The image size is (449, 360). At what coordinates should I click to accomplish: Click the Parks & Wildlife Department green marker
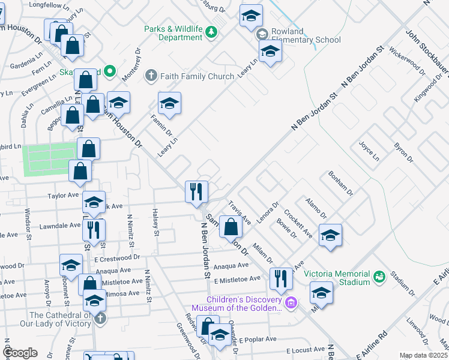click(x=211, y=32)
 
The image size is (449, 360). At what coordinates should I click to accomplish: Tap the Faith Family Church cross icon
click(x=151, y=76)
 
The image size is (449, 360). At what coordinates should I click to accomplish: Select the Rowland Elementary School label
click(x=306, y=36)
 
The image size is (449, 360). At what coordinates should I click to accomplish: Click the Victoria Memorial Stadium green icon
click(x=379, y=276)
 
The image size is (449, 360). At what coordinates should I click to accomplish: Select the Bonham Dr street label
click(x=340, y=184)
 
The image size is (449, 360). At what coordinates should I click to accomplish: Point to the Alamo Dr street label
click(x=316, y=208)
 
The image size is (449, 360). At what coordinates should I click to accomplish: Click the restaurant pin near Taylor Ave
click(x=196, y=193)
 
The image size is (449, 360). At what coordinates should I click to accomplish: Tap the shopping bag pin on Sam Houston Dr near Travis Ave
click(x=231, y=227)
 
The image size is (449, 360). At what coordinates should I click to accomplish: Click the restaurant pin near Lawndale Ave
click(x=94, y=230)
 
